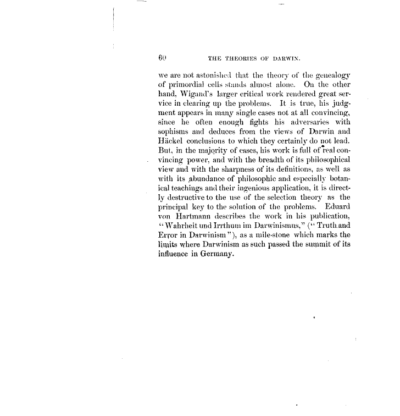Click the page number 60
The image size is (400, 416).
click(162, 56)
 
